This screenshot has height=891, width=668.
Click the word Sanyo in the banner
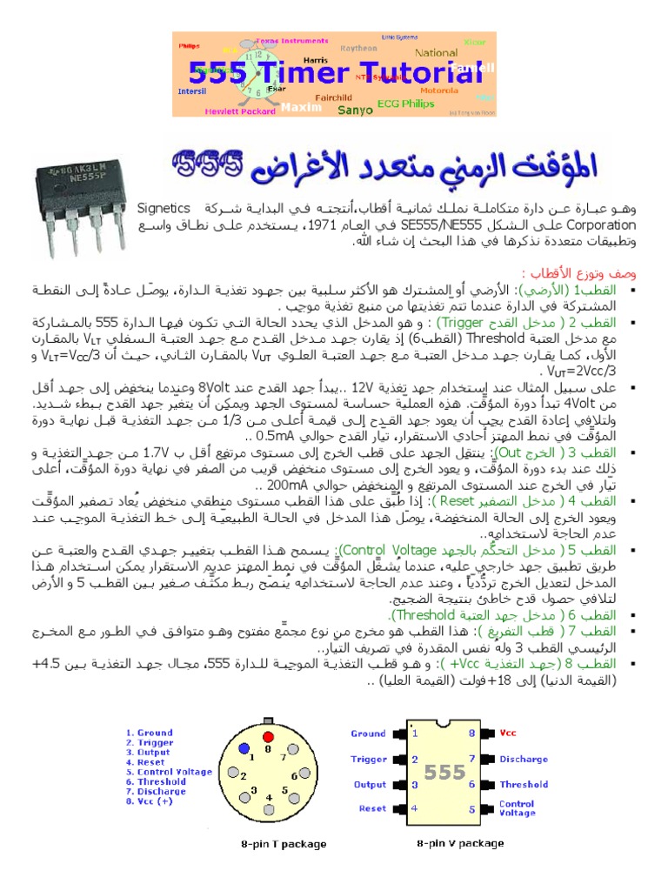(x=355, y=110)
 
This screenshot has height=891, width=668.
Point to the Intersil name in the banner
(x=193, y=90)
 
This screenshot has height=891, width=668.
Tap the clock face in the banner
(x=257, y=76)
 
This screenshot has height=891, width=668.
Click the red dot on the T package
(x=269, y=747)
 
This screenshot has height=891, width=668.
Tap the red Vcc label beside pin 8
(x=508, y=734)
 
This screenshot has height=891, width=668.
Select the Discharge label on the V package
(x=524, y=759)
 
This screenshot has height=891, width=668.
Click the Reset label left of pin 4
(x=372, y=808)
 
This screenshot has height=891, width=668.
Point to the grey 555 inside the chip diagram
(x=444, y=772)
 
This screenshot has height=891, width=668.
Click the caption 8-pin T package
(x=284, y=843)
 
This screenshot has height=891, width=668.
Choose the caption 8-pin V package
(x=460, y=842)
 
